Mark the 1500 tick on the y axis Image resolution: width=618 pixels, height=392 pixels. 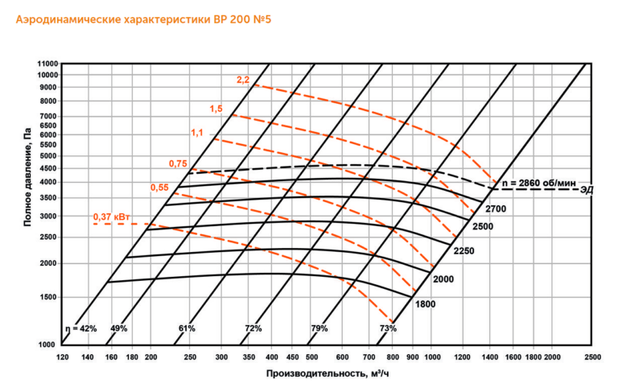[48, 297]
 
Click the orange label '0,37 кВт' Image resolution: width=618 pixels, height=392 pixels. [112, 217]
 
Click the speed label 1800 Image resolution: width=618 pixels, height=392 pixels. [425, 304]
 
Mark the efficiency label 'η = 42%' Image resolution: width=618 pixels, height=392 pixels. [80, 328]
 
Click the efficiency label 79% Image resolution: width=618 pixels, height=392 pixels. [319, 328]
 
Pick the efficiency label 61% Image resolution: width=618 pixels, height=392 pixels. [187, 328]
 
